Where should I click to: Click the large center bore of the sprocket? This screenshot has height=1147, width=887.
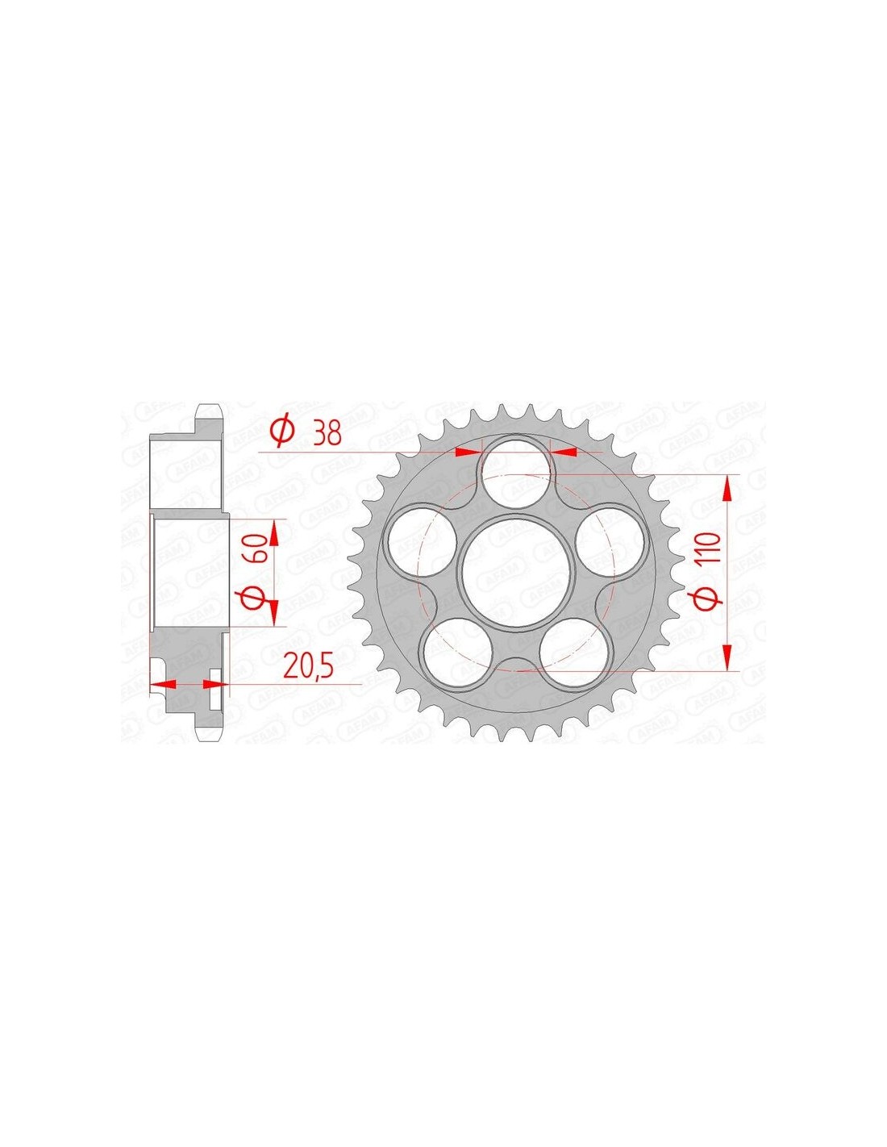(517, 570)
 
